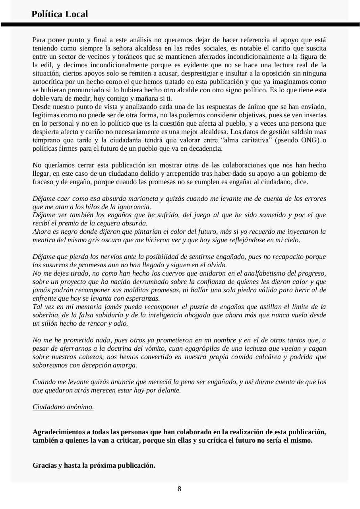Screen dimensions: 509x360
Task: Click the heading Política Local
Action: pos(60,14)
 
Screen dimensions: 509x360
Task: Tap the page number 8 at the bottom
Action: pos(179,489)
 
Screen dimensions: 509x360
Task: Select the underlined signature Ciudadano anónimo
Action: pos(63,407)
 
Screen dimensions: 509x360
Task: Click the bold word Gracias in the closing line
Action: pos(45,465)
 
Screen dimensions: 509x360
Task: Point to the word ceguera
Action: pos(107,223)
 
